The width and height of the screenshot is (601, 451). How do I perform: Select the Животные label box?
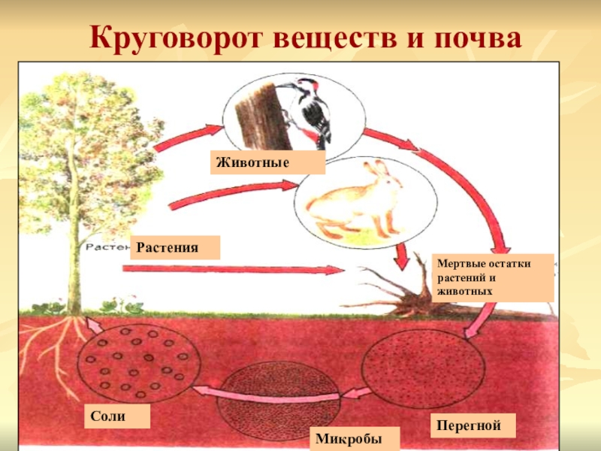click(x=267, y=162)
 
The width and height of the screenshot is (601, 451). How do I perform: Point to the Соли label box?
click(x=117, y=416)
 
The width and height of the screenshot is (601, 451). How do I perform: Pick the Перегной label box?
click(x=475, y=426)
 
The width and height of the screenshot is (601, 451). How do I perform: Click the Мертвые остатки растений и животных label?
click(x=493, y=277)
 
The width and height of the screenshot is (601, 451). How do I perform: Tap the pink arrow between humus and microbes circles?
click(x=354, y=395)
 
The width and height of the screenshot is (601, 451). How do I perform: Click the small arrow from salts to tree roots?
click(x=94, y=325)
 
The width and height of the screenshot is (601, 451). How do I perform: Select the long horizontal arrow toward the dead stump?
click(x=233, y=269)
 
